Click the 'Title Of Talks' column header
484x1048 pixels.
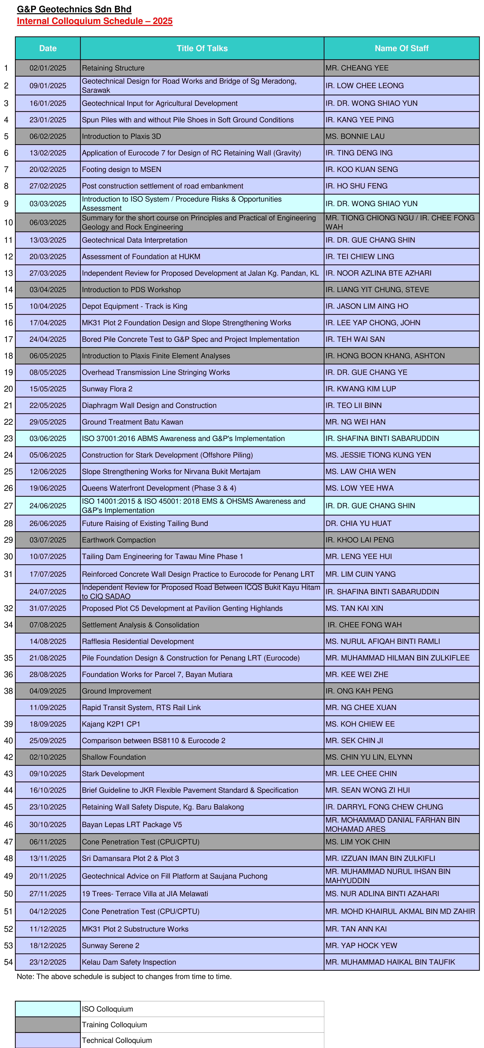click(x=202, y=48)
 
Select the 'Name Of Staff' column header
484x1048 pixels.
click(x=401, y=48)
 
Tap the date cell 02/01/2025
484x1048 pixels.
click(x=48, y=68)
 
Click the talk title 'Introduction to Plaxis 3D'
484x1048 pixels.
click(x=121, y=136)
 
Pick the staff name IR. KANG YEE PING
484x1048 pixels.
click(x=359, y=120)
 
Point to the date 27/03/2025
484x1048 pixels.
click(x=48, y=273)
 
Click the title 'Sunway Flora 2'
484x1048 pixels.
click(x=107, y=389)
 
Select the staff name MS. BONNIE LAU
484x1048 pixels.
click(x=355, y=136)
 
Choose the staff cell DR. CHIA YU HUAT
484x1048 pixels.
click(x=358, y=523)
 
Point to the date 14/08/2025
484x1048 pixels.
click(x=48, y=641)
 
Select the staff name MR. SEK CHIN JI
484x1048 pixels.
click(x=354, y=740)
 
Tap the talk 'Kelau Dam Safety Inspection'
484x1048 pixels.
click(x=129, y=962)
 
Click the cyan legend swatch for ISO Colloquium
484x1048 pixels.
click(x=48, y=1009)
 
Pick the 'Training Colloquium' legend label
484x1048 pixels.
click(x=114, y=1025)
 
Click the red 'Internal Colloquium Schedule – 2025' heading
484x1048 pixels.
click(x=94, y=21)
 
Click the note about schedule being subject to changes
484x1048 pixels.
click(x=124, y=976)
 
